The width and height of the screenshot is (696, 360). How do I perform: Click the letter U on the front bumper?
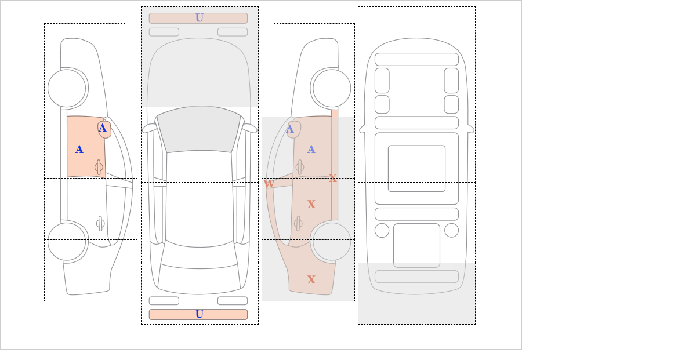pyautogui.click(x=200, y=18)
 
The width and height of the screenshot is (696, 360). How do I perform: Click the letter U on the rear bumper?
pyautogui.click(x=200, y=314)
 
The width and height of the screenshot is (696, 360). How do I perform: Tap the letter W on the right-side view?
pyautogui.click(x=269, y=184)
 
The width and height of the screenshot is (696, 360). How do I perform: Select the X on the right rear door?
pyautogui.click(x=311, y=205)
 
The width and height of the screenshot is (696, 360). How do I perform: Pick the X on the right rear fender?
pyautogui.click(x=311, y=279)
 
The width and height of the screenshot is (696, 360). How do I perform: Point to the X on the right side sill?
pyautogui.click(x=333, y=179)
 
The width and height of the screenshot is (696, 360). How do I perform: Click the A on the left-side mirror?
pyautogui.click(x=103, y=128)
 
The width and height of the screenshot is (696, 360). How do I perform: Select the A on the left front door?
pyautogui.click(x=79, y=150)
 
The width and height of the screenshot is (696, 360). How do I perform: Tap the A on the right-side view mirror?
pyautogui.click(x=290, y=129)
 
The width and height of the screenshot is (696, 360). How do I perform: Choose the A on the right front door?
pyautogui.click(x=311, y=150)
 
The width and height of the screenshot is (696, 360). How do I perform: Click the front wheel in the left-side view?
pyautogui.click(x=67, y=88)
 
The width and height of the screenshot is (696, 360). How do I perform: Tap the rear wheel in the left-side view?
pyautogui.click(x=67, y=241)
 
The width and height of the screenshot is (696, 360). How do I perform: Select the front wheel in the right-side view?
pyautogui.click(x=332, y=88)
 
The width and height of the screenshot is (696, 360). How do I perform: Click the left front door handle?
pyautogui.click(x=99, y=168)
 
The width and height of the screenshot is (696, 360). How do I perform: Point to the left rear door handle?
pyautogui.click(x=100, y=223)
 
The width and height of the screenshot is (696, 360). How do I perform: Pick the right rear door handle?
pyautogui.click(x=298, y=223)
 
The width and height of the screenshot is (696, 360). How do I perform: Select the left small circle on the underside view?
pyautogui.click(x=382, y=231)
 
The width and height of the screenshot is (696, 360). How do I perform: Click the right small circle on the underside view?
pyautogui.click(x=451, y=231)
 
